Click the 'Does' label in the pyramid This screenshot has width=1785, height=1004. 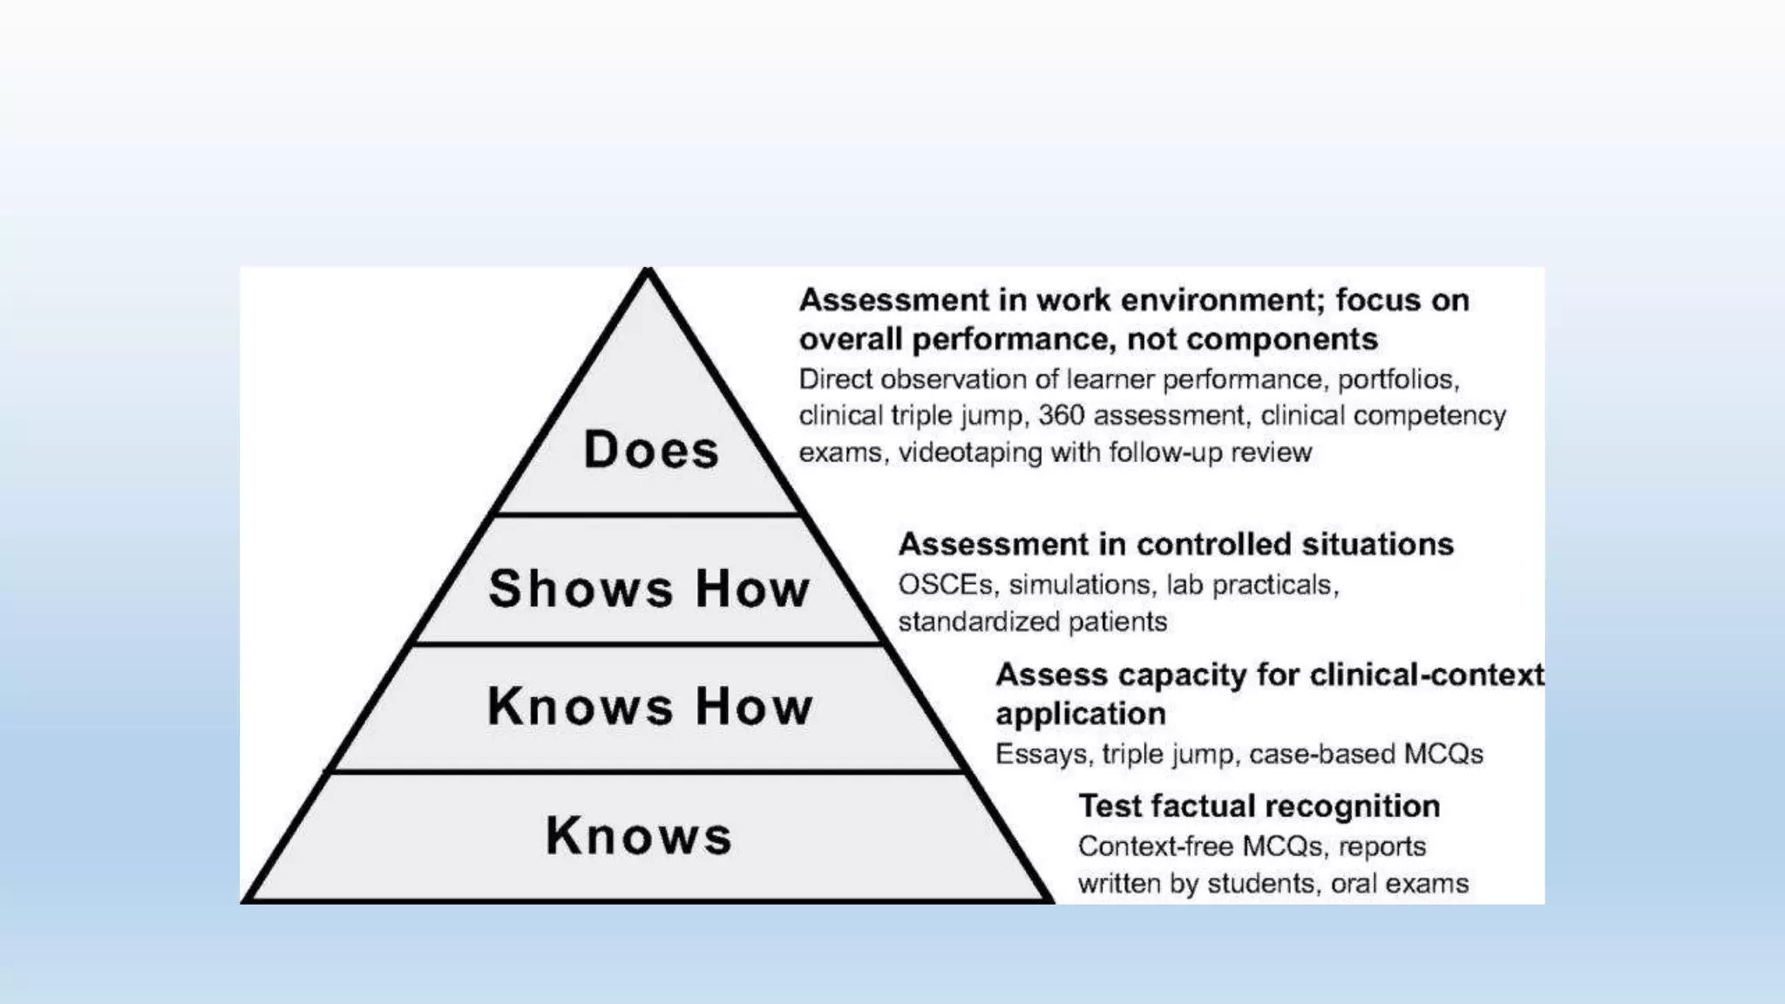tap(651, 450)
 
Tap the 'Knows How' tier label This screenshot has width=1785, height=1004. tap(650, 706)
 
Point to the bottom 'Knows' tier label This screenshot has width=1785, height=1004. tap(639, 836)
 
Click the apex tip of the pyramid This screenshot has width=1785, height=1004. tap(648, 272)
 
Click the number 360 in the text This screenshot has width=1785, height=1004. tap(1061, 416)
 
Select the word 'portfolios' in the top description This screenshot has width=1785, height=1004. tap(1397, 379)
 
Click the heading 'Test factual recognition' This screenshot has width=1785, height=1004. tap(1259, 806)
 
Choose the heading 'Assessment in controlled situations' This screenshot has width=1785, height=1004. tap(1176, 544)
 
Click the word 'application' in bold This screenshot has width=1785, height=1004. tap(1081, 714)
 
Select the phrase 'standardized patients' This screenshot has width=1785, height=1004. tap(1032, 621)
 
